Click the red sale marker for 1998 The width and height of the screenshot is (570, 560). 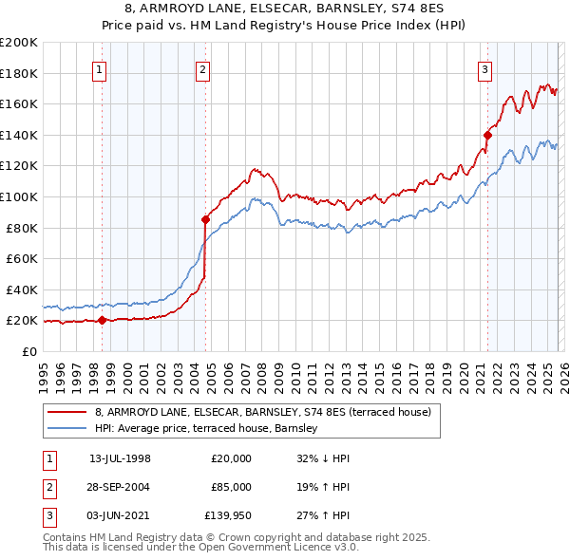click(x=103, y=320)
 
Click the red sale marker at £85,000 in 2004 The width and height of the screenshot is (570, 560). click(x=205, y=219)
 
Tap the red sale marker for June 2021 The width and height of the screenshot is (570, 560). click(x=487, y=135)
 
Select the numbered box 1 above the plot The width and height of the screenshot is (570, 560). click(x=100, y=68)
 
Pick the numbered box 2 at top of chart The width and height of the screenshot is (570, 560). click(x=203, y=68)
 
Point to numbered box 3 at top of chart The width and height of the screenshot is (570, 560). click(x=484, y=68)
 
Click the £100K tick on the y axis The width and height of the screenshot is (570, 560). click(x=19, y=196)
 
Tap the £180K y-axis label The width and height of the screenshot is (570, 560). click(x=19, y=73)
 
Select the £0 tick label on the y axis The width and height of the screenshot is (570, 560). click(x=28, y=351)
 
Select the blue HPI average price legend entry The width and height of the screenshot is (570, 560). click(x=210, y=429)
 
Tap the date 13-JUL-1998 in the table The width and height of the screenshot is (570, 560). click(x=120, y=458)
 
